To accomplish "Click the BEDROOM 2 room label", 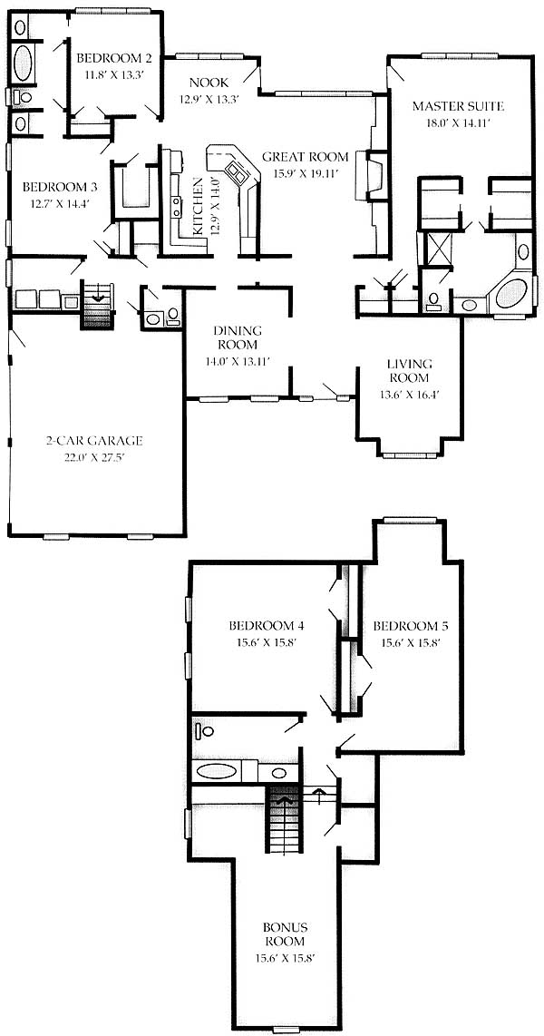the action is click(110, 55).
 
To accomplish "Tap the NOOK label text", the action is click(209, 83).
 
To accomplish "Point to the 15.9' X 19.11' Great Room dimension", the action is click(305, 174).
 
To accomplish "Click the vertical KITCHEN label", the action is click(198, 206).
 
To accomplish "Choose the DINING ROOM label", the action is click(238, 337).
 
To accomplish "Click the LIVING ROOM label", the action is click(409, 371).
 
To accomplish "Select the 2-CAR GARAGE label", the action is click(94, 441).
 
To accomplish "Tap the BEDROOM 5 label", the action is click(407, 625).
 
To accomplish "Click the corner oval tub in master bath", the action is click(511, 293).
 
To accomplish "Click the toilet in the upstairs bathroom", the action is click(203, 731).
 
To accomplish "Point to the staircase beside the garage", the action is click(98, 305).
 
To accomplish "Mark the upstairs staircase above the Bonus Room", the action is click(285, 819).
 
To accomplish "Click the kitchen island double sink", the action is click(237, 173).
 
